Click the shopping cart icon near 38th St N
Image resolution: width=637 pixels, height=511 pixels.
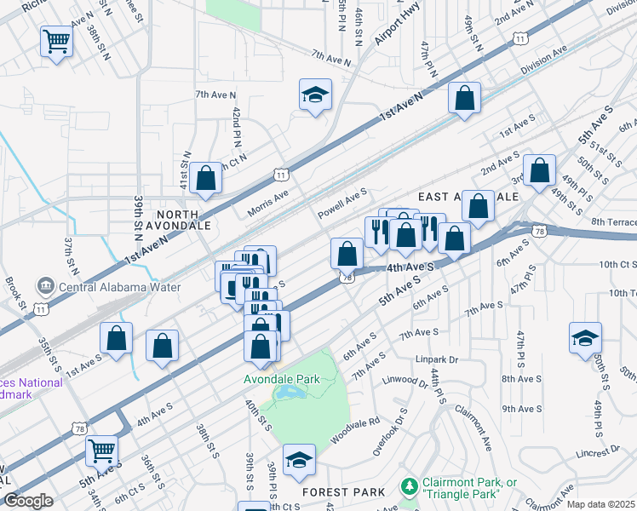56,40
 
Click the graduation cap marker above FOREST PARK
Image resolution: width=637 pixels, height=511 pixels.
299,461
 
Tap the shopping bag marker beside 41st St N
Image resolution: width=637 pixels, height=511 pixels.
205,178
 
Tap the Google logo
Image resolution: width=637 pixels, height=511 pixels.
28,501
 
